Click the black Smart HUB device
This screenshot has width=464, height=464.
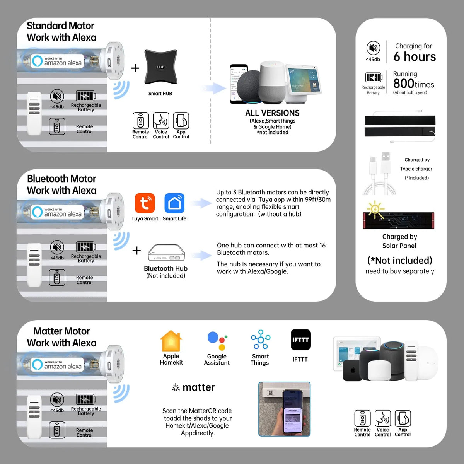[x=160, y=67]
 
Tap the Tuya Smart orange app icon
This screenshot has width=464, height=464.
[x=145, y=203]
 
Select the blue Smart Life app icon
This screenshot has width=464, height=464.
[x=174, y=203]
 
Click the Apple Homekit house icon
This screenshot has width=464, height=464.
[x=171, y=341]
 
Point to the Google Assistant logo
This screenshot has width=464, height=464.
[x=217, y=341]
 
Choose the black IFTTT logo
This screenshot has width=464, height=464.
[x=301, y=340]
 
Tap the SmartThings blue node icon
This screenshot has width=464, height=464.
[x=261, y=339]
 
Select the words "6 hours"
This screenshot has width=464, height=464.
[x=415, y=56]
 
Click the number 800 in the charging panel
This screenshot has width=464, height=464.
[x=404, y=84]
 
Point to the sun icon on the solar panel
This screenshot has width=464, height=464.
[x=375, y=209]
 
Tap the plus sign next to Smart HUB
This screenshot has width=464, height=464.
[x=135, y=68]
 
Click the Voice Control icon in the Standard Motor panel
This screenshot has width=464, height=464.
[x=161, y=120]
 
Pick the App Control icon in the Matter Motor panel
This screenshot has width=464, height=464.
[x=403, y=418]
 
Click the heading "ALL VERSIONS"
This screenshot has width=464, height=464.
[x=272, y=113]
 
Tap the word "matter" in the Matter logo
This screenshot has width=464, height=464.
[x=199, y=387]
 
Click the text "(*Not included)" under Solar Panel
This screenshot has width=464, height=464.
[x=400, y=260]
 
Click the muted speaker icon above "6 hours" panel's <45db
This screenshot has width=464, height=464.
[x=373, y=48]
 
